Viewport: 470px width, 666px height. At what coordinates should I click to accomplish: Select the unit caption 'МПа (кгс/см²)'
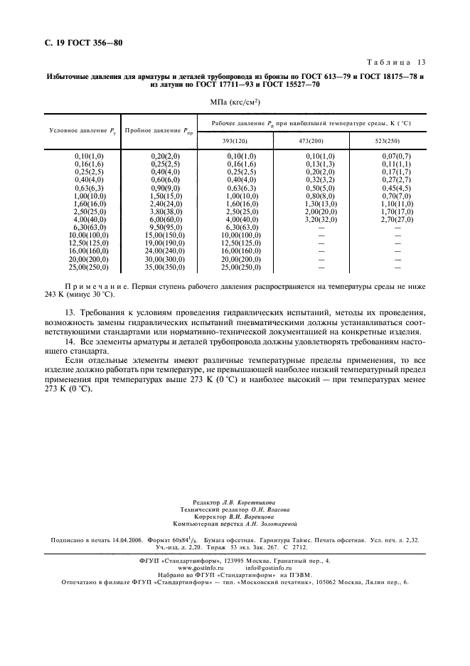tap(235, 102)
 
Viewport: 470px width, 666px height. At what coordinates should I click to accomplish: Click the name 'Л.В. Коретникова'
tap(245, 502)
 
